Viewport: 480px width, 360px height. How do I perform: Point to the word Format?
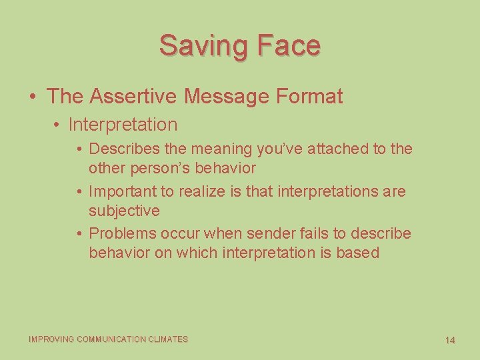pos(308,96)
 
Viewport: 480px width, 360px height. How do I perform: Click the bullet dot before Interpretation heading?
pos(59,125)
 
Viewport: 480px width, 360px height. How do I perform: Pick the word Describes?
pos(125,149)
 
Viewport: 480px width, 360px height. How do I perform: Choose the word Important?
pos(123,192)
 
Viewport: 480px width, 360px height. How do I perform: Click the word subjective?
pos(124,211)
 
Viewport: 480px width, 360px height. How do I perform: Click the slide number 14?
pos(450,340)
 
